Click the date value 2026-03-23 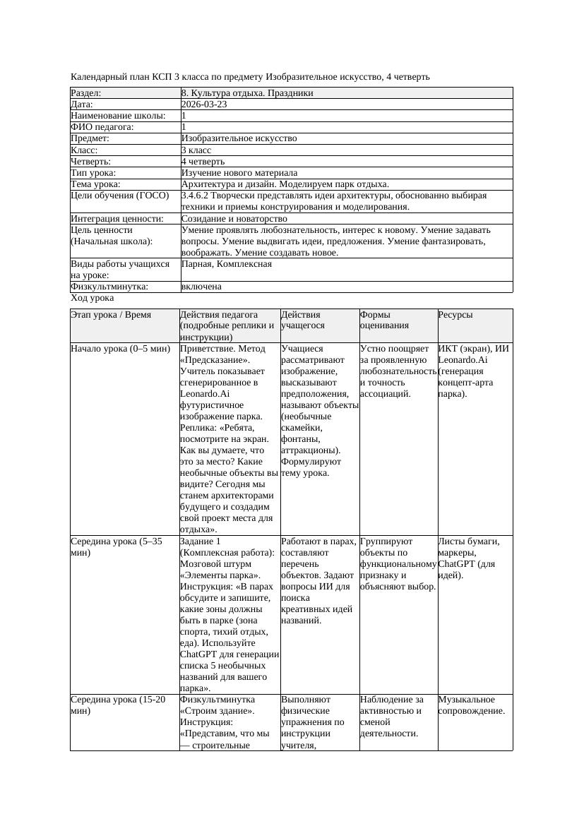tap(204, 104)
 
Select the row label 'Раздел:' tap(86, 93)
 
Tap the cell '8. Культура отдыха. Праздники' tap(247, 93)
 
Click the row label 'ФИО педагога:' tap(102, 127)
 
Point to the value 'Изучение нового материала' tap(239, 173)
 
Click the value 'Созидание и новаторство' tap(234, 219)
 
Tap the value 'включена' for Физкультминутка tap(201, 287)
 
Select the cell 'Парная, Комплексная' tap(227, 264)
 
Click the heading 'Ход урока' tap(92, 299)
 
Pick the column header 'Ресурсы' tap(455, 315)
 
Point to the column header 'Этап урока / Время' tap(111, 315)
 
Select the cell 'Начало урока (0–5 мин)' tap(120, 349)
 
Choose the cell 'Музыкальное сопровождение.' tap(471, 705)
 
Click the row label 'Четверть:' tap(91, 162)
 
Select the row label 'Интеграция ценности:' tap(117, 219)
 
